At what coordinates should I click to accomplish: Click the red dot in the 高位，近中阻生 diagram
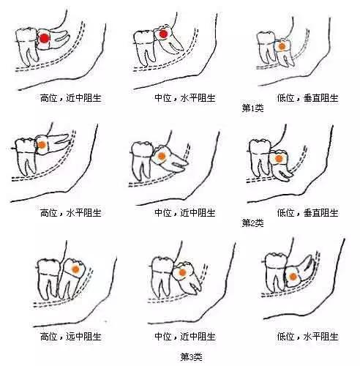44,38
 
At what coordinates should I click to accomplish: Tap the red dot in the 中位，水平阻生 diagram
163,34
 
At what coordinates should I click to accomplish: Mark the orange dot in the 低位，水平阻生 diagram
291,277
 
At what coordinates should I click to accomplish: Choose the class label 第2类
253,221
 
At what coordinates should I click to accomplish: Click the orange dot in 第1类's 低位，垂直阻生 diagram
281,45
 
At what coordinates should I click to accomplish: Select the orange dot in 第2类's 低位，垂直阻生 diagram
278,157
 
